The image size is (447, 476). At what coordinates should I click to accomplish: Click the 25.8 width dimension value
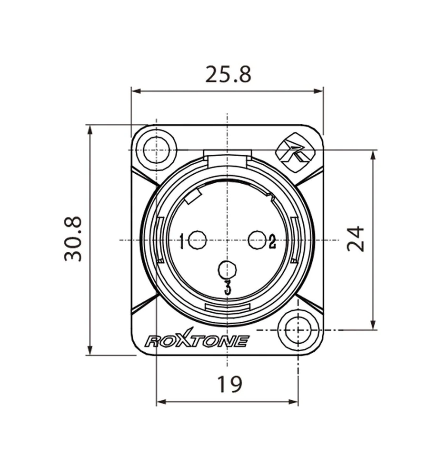coord(228,74)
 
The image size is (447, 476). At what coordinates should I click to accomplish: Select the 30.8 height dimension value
coord(73,239)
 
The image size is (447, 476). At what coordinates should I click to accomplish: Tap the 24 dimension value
coord(356,238)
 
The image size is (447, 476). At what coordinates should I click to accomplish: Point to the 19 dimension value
coord(229,384)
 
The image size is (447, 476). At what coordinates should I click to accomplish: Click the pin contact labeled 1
coord(198,240)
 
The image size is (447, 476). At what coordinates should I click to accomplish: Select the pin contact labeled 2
coord(257,240)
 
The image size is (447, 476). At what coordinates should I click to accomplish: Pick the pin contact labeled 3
coord(228,270)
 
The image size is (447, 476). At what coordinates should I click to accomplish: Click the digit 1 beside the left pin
coord(182,241)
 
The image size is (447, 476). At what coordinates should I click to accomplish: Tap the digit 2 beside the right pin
coord(272,241)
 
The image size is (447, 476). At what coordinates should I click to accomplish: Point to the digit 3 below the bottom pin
coord(228,288)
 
